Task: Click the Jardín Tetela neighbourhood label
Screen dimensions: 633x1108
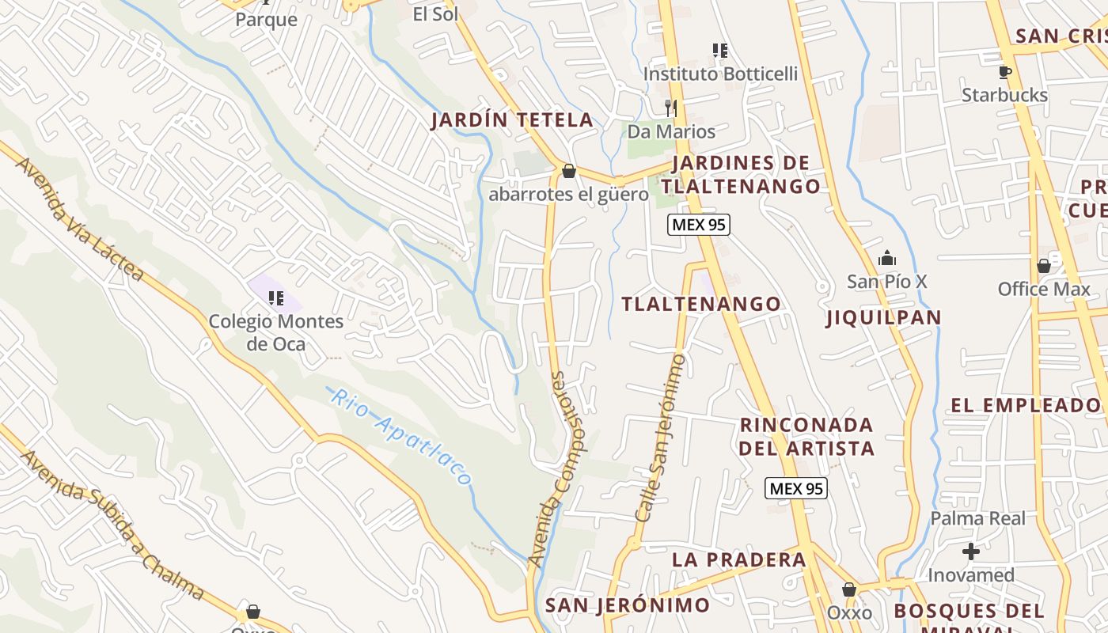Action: pyautogui.click(x=512, y=120)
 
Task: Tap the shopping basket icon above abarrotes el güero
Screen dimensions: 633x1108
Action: pyautogui.click(x=568, y=171)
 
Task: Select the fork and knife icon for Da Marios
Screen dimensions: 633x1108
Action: pyautogui.click(x=671, y=108)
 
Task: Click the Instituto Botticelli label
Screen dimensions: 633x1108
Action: pyautogui.click(x=720, y=74)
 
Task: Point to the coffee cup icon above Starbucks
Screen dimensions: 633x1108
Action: pyautogui.click(x=1004, y=73)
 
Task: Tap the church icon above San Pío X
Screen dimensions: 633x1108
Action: pyautogui.click(x=886, y=259)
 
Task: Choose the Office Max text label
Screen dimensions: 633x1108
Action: pyautogui.click(x=1043, y=290)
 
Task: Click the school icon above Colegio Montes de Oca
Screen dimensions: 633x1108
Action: pyautogui.click(x=275, y=298)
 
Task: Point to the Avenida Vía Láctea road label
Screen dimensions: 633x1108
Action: pyautogui.click(x=80, y=218)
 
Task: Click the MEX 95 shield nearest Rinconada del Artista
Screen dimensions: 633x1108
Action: pyautogui.click(x=796, y=489)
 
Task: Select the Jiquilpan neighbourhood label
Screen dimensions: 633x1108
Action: pyautogui.click(x=883, y=318)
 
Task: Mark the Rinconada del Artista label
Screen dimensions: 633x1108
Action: pyautogui.click(x=806, y=437)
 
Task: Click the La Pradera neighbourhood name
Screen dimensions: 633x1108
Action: pyautogui.click(x=738, y=559)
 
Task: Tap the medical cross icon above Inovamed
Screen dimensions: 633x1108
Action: pyautogui.click(x=970, y=552)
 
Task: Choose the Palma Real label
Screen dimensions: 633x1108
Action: pyautogui.click(x=977, y=519)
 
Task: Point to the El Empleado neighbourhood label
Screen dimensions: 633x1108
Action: pyautogui.click(x=1025, y=406)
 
